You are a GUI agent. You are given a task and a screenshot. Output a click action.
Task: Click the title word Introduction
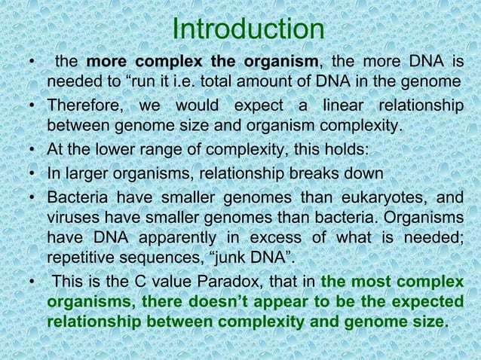(248, 29)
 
